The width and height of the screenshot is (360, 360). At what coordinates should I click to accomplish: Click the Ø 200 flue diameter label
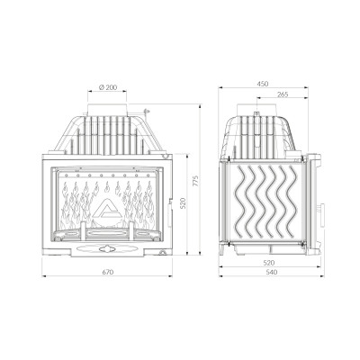[x=108, y=87]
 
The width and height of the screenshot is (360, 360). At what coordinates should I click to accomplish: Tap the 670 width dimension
[x=108, y=272]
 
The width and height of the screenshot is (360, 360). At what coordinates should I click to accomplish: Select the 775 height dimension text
[x=195, y=181]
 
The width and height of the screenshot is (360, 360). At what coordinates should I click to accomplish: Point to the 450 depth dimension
[x=263, y=84]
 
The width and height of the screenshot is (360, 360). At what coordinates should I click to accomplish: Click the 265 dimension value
[x=283, y=94]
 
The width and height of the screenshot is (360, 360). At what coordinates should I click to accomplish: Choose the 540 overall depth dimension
[x=272, y=273]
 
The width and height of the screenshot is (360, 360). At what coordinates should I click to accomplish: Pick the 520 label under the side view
[x=269, y=263]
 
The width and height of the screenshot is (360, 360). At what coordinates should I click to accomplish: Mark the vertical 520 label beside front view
[x=184, y=203]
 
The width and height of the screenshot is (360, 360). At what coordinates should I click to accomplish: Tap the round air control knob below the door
[x=106, y=248]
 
